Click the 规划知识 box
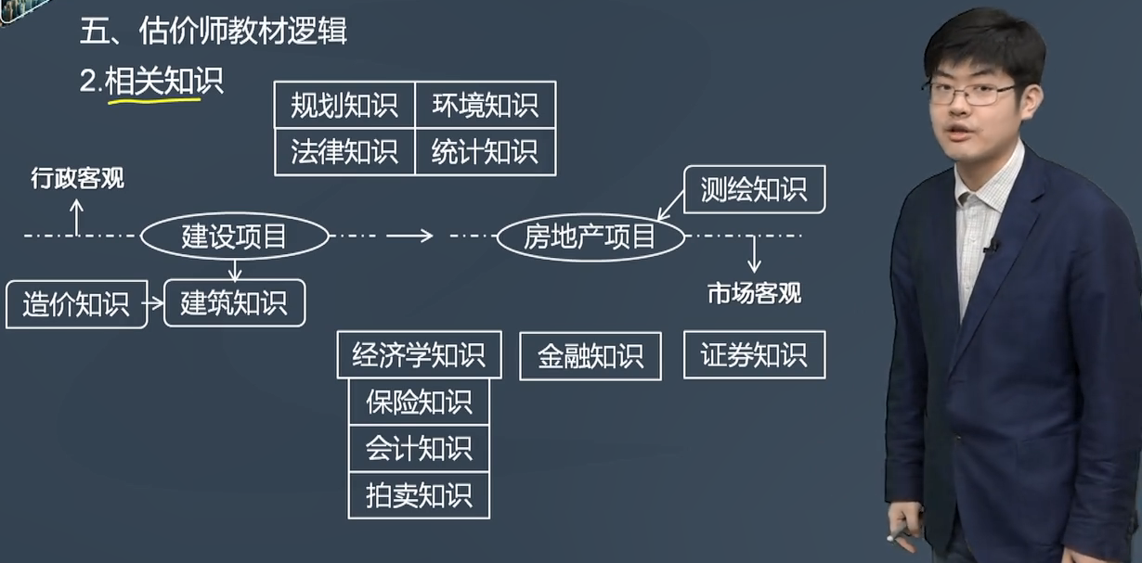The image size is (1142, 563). pyautogui.click(x=344, y=105)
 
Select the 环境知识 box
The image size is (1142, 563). pyautogui.click(x=485, y=105)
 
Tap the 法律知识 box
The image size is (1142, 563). pyautogui.click(x=344, y=151)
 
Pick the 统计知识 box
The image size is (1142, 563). pyautogui.click(x=485, y=151)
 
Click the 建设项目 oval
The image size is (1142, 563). pyautogui.click(x=234, y=237)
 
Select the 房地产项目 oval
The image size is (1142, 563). pyautogui.click(x=590, y=237)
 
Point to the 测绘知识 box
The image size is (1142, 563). pyautogui.click(x=754, y=190)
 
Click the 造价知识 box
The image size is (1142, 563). pyautogui.click(x=76, y=303)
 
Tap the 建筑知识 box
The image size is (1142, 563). pyautogui.click(x=234, y=303)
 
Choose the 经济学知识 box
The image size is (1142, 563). pyautogui.click(x=419, y=355)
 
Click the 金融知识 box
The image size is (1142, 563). pyautogui.click(x=590, y=356)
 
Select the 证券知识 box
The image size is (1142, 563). pyautogui.click(x=754, y=355)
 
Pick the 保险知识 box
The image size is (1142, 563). pyautogui.click(x=419, y=402)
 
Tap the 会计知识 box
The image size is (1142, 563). pyautogui.click(x=419, y=449)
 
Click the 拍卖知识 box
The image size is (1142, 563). pyautogui.click(x=419, y=495)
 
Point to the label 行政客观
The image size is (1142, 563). pyautogui.click(x=77, y=179)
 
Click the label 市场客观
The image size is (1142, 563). pyautogui.click(x=754, y=294)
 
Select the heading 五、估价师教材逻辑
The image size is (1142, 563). pyautogui.click(x=214, y=33)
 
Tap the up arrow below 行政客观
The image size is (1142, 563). pyautogui.click(x=77, y=216)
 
